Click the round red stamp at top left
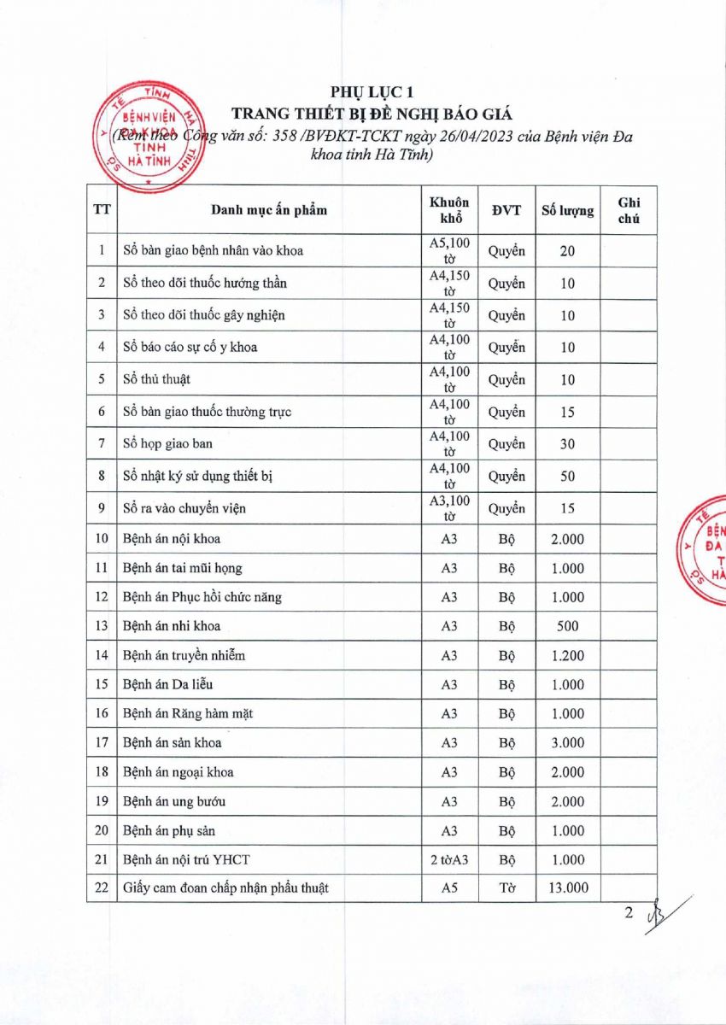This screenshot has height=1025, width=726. [x=143, y=137]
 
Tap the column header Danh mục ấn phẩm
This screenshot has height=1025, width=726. [x=268, y=210]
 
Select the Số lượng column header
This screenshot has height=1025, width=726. [x=568, y=210]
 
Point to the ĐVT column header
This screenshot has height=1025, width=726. [x=506, y=210]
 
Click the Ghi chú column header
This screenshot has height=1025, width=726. [x=629, y=210]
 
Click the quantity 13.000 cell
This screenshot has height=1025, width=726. [x=568, y=888]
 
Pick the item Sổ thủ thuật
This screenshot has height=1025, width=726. [x=156, y=380]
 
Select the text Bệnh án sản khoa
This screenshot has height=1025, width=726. [x=172, y=743]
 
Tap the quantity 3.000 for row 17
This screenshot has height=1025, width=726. [x=568, y=743]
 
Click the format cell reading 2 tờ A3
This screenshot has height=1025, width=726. [x=449, y=860]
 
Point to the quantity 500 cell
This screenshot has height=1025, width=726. [x=568, y=626]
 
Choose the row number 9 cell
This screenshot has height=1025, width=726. [x=102, y=508]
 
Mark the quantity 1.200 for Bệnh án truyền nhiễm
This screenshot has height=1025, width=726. [x=568, y=656]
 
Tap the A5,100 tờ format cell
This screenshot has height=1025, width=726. [x=449, y=251]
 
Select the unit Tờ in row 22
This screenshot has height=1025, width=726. [x=506, y=888]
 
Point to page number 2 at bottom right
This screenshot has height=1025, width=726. [x=629, y=913]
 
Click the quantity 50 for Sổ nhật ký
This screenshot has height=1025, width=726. [x=568, y=477]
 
